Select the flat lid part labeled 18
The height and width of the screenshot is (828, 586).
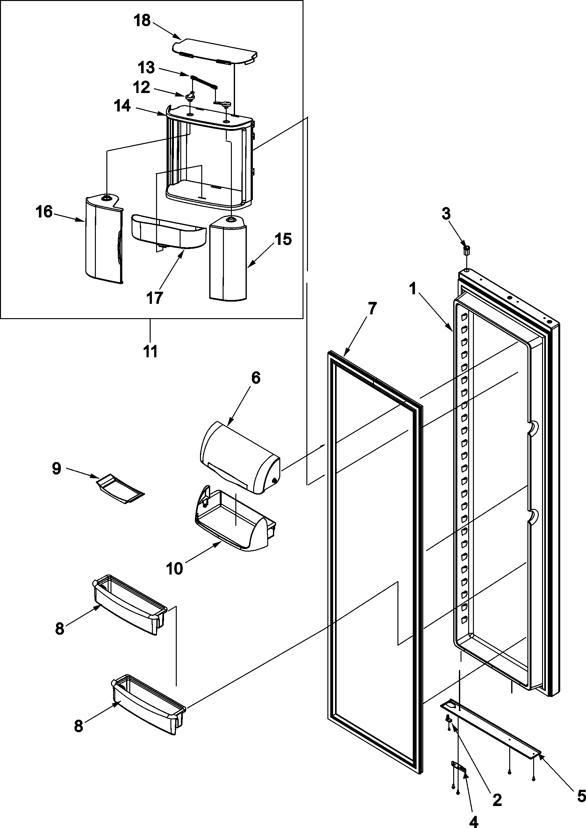pos(215,52)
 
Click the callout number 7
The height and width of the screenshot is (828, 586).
pos(372,309)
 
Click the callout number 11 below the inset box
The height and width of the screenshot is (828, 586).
pos(150,351)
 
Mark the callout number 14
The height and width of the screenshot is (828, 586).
pos(122,106)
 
